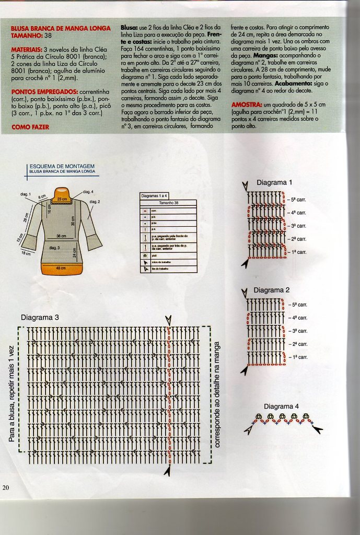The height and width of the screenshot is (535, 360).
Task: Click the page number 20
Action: (6, 488)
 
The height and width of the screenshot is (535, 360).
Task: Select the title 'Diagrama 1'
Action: (274, 182)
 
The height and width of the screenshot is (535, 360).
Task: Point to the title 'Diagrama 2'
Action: (271, 290)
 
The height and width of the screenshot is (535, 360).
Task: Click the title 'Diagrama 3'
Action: (40, 317)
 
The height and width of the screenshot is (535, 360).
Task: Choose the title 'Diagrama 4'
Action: (281, 406)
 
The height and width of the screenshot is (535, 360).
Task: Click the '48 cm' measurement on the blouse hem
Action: (61, 268)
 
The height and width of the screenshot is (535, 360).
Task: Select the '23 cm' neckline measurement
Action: (62, 200)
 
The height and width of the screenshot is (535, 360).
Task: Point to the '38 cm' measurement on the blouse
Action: (61, 236)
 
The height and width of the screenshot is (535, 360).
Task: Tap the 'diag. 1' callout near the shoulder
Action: (26, 194)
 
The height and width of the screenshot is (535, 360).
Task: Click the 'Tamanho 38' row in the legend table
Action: (168, 202)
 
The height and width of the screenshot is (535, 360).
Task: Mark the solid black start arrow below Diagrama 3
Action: (168, 471)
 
